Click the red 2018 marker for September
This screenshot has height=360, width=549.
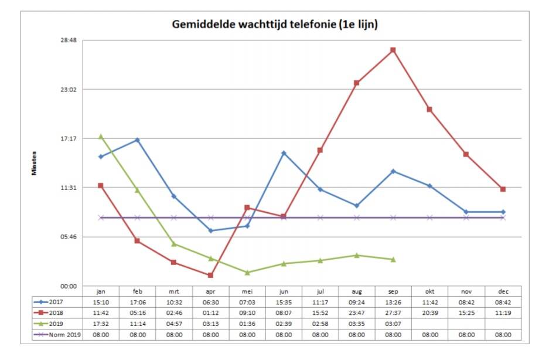coord(393,50)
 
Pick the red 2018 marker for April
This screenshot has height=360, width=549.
coord(210,275)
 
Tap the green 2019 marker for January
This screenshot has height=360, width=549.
coord(101,136)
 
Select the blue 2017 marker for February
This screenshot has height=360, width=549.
coord(137,140)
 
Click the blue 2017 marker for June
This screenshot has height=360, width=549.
coord(284,153)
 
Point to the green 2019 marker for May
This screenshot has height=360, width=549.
coord(247,273)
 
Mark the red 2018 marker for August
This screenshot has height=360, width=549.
coord(356,83)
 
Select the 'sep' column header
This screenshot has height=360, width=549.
coord(393,291)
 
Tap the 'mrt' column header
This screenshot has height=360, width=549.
coord(174,291)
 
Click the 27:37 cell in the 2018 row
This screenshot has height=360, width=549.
coord(393,313)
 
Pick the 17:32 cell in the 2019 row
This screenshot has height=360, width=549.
coord(101,324)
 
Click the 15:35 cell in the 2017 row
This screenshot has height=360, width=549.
coord(284,302)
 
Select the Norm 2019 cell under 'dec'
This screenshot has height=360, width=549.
coord(503,335)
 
